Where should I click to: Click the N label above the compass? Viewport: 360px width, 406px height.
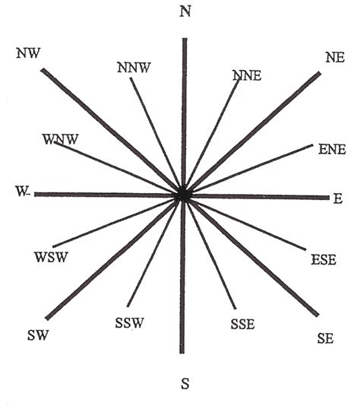tap(185, 11)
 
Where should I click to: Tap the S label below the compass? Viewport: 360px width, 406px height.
tap(185, 383)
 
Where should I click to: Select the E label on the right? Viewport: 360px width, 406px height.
tap(338, 198)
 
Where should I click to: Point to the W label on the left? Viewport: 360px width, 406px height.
tap(21, 192)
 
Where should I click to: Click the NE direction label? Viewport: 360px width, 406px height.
tap(335, 58)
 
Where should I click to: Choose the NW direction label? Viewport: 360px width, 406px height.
tap(28, 52)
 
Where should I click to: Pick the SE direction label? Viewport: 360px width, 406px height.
tap(325, 338)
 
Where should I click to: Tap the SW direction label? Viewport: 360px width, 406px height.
tap(38, 335)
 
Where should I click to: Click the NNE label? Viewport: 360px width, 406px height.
tap(248, 75)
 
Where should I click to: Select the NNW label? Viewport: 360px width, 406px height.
tap(134, 68)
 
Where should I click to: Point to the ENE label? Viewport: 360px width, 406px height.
tap(332, 150)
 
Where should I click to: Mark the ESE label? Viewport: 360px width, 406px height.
tap(324, 260)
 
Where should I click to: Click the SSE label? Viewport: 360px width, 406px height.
tap(242, 324)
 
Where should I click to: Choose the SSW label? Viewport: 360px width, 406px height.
tap(129, 323)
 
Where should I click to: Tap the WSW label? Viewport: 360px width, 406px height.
tap(51, 257)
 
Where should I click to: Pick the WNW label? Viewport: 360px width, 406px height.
tap(60, 139)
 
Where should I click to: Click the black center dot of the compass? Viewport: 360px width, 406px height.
tap(183, 195)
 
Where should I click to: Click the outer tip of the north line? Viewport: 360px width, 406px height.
tap(185, 39)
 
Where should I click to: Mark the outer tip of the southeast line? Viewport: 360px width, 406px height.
tap(317, 315)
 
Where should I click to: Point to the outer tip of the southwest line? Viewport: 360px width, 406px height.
tap(47, 319)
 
